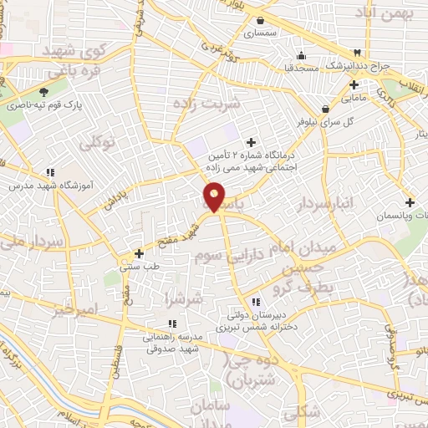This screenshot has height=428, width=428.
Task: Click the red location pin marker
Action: (214, 197)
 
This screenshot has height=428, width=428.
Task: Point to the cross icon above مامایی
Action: (354, 84)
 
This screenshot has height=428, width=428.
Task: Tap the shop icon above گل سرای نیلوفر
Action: (324, 108)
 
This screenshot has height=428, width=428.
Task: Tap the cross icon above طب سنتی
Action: (140, 253)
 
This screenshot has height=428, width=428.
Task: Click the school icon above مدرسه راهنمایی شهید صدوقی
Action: (171, 324)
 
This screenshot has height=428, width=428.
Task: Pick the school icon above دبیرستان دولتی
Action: (254, 302)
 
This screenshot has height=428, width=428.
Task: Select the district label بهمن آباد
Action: (386, 14)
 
